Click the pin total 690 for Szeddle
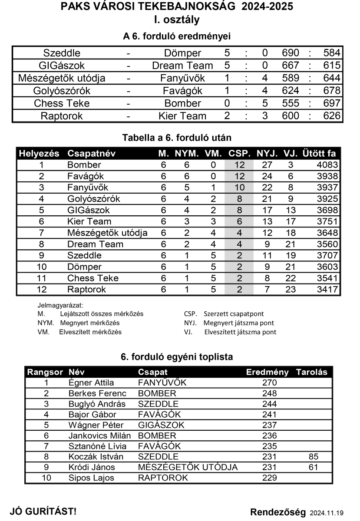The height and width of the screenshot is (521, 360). point(291,53)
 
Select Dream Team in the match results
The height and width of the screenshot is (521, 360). point(182,66)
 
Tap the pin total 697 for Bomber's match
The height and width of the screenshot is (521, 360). point(332,104)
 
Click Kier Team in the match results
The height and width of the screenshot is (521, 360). point(182,116)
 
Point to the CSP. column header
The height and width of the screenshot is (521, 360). point(239,154)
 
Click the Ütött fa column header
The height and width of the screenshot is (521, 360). point(319,154)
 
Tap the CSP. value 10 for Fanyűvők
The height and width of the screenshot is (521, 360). point(239,188)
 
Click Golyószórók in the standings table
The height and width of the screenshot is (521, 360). point(93,199)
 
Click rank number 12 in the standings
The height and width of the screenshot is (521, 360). point(42,289)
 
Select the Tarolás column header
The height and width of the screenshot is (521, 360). point(311,373)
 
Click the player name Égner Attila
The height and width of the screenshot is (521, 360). point(91,383)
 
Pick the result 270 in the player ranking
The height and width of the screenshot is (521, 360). point(270,383)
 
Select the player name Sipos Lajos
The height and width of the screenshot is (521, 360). point(91,478)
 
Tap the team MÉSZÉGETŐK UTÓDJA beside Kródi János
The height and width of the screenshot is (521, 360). point(188,468)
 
